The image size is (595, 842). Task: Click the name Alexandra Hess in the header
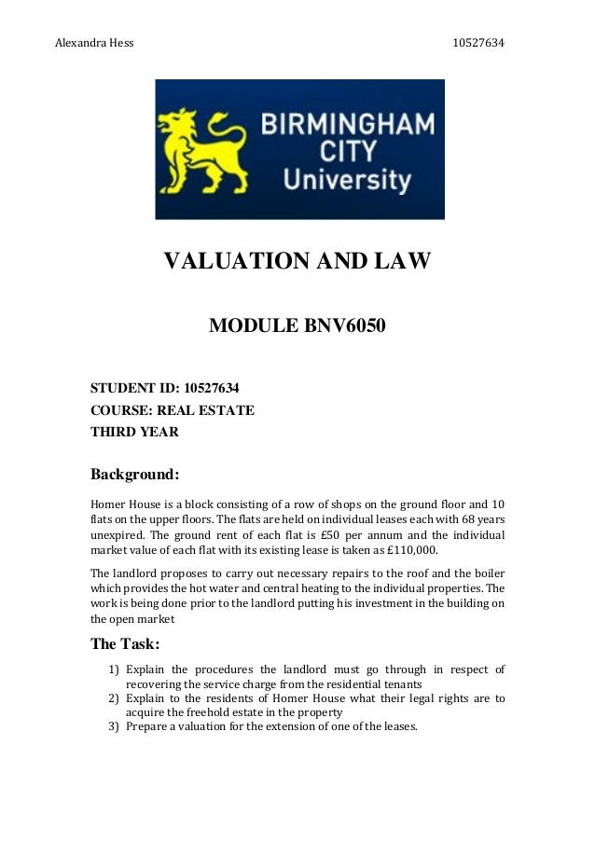coord(94,44)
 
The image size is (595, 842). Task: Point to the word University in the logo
coord(347,177)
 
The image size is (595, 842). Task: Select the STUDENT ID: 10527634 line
coord(171,388)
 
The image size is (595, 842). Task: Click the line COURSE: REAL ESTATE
coord(172,410)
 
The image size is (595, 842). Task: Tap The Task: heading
coord(126,643)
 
